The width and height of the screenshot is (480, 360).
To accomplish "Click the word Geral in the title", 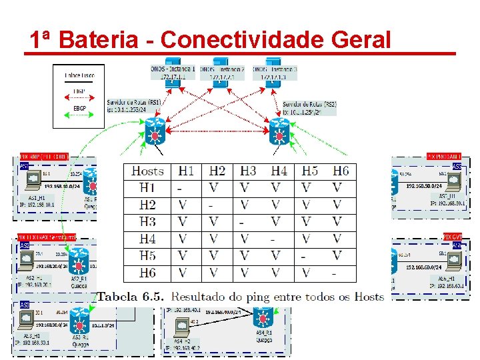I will pos(358,39).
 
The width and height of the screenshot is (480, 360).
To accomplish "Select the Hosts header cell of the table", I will pos(147,171).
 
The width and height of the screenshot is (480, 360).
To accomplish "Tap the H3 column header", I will pos(248,171).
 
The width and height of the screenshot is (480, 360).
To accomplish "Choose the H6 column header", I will pos(341,171).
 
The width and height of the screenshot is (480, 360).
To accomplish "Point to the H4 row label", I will pos(147,239).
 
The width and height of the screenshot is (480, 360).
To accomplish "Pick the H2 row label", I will pos(147,205).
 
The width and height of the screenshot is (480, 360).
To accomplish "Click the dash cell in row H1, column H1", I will pos(180,189).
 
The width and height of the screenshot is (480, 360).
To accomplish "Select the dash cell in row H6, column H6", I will pos(334,273).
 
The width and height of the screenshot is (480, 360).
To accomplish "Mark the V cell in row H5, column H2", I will pos(213,256).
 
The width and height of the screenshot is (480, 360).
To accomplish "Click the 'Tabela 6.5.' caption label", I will pos(131,296).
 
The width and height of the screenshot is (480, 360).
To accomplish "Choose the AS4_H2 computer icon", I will pos(181,327).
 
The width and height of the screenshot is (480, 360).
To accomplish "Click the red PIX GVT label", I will pos(453,237).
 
